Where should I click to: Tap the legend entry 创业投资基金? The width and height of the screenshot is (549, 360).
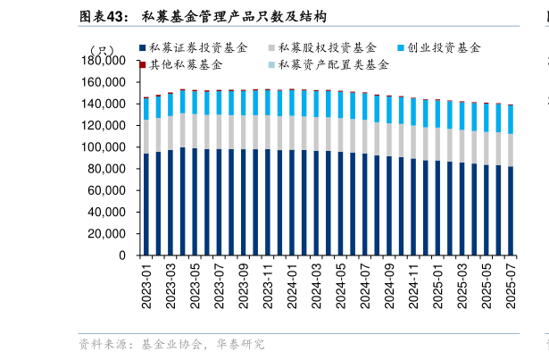pyautogui.click(x=444, y=47)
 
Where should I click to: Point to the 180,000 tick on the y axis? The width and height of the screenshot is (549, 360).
pyautogui.click(x=104, y=61)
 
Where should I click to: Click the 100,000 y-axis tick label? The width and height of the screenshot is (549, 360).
pyautogui.click(x=104, y=147)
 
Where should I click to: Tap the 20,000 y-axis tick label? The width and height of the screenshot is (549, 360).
pyautogui.click(x=107, y=234)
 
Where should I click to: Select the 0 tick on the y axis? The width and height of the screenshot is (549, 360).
pyautogui.click(x=122, y=255)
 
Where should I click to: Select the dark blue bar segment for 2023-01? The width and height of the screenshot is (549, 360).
pyautogui.click(x=146, y=205)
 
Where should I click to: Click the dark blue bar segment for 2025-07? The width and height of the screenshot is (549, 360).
pyautogui.click(x=511, y=211)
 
